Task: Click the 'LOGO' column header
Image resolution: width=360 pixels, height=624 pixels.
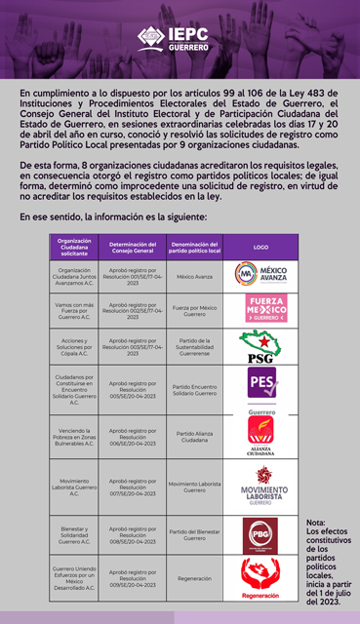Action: (260, 247)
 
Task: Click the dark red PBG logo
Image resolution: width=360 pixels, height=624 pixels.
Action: (260, 535)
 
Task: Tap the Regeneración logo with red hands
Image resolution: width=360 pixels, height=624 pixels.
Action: (260, 578)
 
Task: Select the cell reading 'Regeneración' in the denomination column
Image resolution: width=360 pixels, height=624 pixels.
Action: (194, 578)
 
